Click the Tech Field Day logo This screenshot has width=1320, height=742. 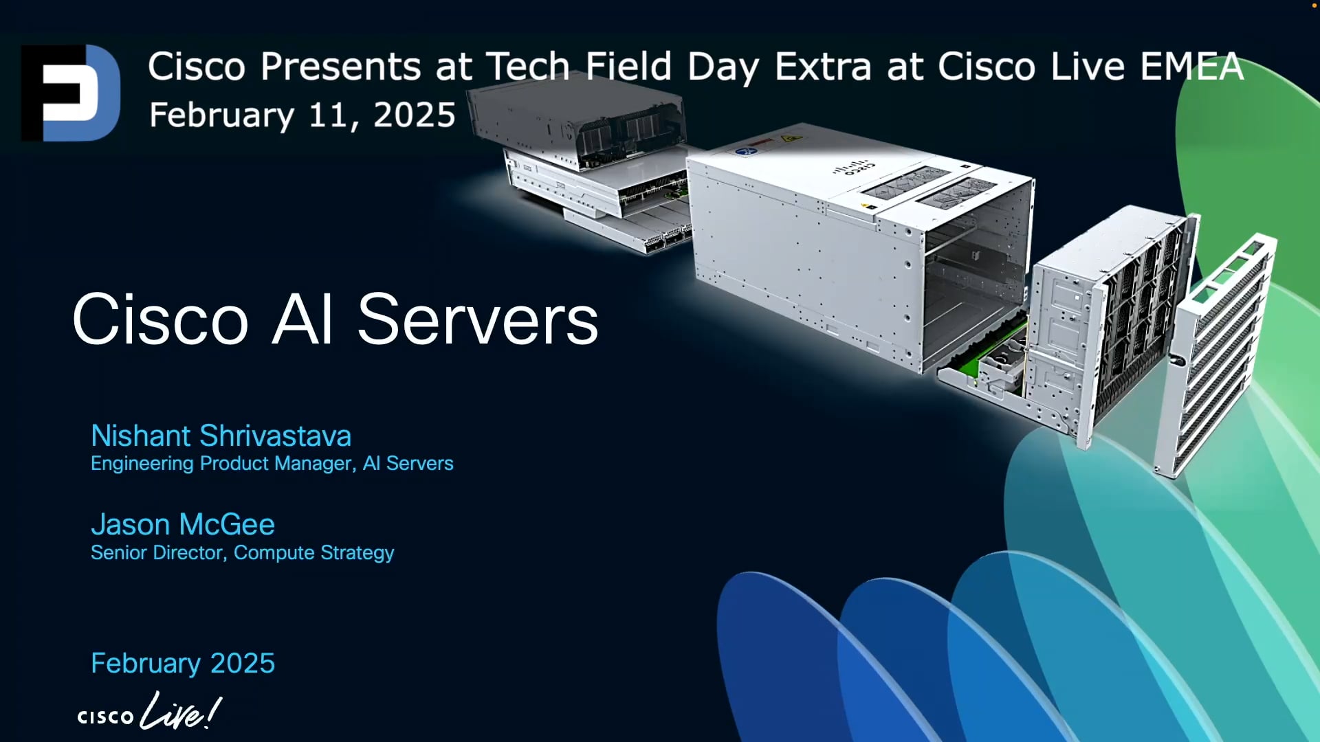pyautogui.click(x=71, y=93)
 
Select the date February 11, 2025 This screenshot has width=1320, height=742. pyautogui.click(x=302, y=115)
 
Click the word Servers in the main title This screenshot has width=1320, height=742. pyautogui.click(x=478, y=319)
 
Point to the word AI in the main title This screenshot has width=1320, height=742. pyautogui.click(x=302, y=319)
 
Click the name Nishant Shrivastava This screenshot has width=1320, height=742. pyautogui.click(x=221, y=436)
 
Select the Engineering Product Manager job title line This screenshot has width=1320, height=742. pyautogui.click(x=272, y=464)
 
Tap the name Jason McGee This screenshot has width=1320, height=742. pyautogui.click(x=183, y=525)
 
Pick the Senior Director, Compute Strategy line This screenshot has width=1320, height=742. pyautogui.click(x=242, y=553)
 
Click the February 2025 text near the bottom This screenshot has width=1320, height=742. pyautogui.click(x=183, y=663)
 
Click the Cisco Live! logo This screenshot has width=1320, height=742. pyautogui.click(x=149, y=712)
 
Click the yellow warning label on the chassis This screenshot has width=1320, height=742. pyautogui.click(x=791, y=139)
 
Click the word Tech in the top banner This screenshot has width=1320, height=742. pyautogui.click(x=528, y=67)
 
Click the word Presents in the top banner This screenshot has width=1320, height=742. pyautogui.click(x=340, y=67)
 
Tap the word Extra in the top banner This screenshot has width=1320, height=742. pyautogui.click(x=823, y=67)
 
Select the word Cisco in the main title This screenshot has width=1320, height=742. pyautogui.click(x=159, y=319)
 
